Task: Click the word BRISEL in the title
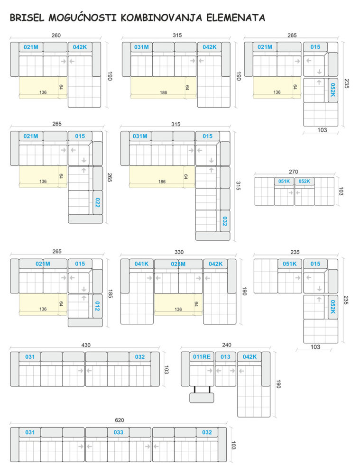27,18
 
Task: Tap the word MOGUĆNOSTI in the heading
83,17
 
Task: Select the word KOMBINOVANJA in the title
161,18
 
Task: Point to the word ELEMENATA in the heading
236,18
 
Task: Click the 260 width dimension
56,36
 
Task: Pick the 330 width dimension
179,252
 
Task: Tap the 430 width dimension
86,345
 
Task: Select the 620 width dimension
120,420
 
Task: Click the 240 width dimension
227,345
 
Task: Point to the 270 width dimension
294,172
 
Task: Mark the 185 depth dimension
110,294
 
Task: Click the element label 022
97,202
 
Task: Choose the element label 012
97,306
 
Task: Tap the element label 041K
141,264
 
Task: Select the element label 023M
178,264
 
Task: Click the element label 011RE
202,357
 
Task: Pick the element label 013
225,357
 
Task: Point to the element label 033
118,432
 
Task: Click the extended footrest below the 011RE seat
202,398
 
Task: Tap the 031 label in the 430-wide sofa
30,357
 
